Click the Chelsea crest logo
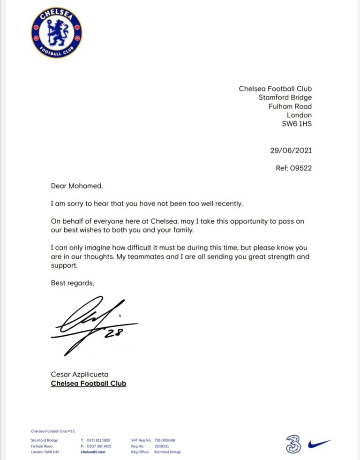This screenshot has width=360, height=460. [x=57, y=32]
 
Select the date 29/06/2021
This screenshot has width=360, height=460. [x=291, y=151]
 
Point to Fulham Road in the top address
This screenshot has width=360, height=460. [x=290, y=106]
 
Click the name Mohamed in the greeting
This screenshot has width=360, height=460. [x=85, y=186]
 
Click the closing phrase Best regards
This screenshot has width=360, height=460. [x=73, y=283]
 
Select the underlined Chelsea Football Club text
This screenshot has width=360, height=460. [x=88, y=384]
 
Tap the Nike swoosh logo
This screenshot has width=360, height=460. [x=320, y=443]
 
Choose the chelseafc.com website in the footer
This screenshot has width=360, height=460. [x=93, y=452]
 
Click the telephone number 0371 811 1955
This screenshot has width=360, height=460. [x=98, y=440]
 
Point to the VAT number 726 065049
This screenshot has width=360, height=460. [x=164, y=440]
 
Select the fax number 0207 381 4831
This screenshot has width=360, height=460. [x=99, y=446]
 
